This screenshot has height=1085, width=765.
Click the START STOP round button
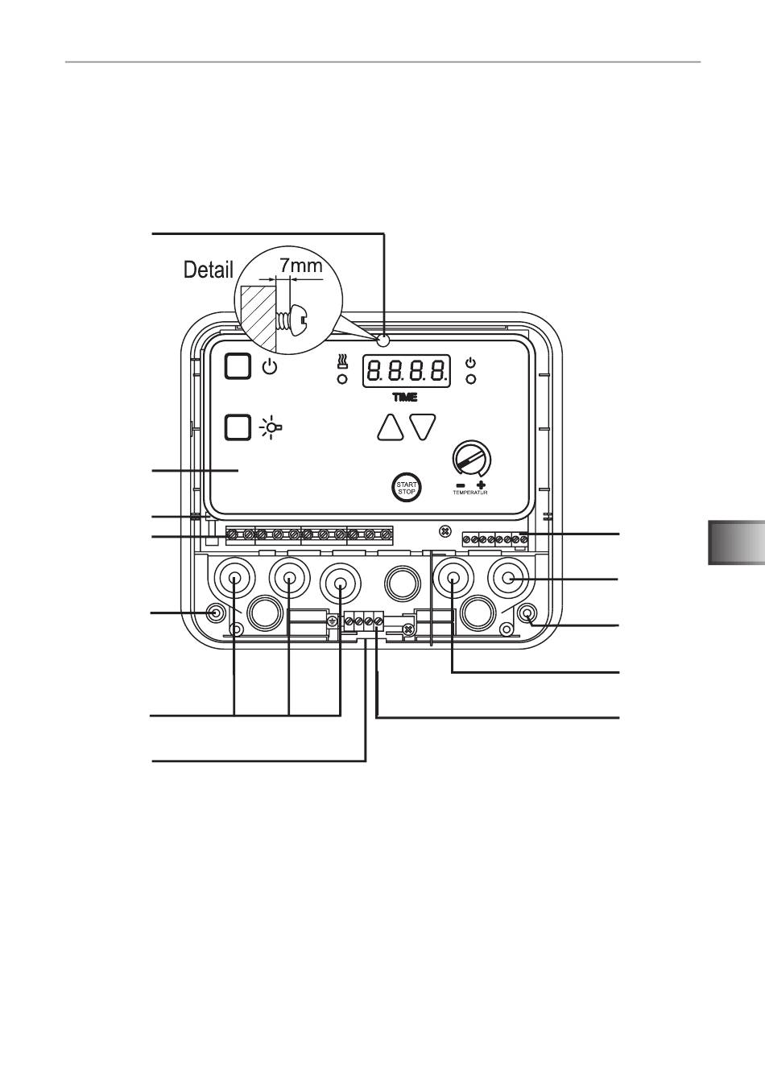pos(406,488)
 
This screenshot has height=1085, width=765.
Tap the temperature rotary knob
pos(471,459)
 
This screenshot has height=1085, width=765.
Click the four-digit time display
pos(407,371)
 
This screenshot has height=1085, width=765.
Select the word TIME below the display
pos(404,397)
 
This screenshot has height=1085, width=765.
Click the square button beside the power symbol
pos(238,366)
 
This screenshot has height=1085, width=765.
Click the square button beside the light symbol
pos(238,427)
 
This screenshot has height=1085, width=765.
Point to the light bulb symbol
pos(271,427)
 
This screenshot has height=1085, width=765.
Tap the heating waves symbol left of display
pos(342,361)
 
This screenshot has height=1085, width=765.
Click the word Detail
pos(209,270)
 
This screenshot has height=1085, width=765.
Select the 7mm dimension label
pos(301,266)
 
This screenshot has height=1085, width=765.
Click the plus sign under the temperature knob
pos(481,485)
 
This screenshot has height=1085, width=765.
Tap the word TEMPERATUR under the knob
pos(470,493)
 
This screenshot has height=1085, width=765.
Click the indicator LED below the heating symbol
pos(342,379)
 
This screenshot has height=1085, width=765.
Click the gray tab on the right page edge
pos(737,542)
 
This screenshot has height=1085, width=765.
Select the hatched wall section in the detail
pos(258,316)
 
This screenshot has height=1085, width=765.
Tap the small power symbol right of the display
pos(470,362)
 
